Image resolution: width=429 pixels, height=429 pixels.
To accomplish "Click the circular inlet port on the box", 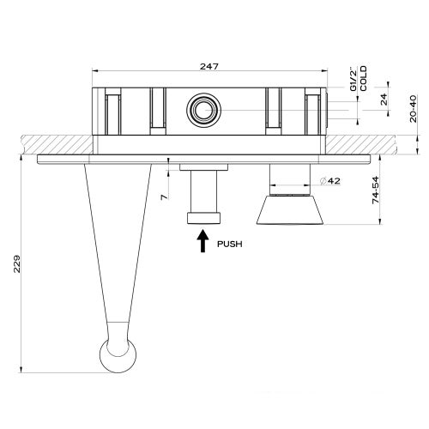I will [203, 109].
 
